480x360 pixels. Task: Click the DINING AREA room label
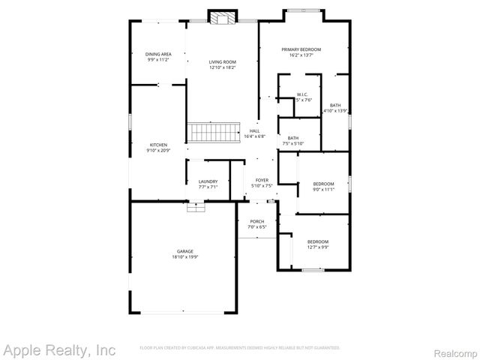(x=158, y=54)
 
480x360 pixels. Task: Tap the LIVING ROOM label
(x=223, y=62)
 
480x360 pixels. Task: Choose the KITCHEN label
(x=158, y=145)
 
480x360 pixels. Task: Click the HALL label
(x=255, y=131)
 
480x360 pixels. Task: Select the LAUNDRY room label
(x=208, y=181)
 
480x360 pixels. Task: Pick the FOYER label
(x=262, y=180)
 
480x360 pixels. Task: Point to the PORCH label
(x=257, y=221)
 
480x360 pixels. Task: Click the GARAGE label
(x=185, y=251)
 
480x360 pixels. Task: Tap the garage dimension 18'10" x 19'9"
(x=185, y=257)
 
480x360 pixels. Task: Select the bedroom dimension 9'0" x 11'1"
(x=323, y=189)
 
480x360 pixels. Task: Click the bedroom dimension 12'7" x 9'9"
(x=317, y=247)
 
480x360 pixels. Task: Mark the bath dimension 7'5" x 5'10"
(x=292, y=143)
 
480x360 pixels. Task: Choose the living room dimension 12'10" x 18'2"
(x=223, y=67)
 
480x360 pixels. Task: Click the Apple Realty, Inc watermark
(x=59, y=349)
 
